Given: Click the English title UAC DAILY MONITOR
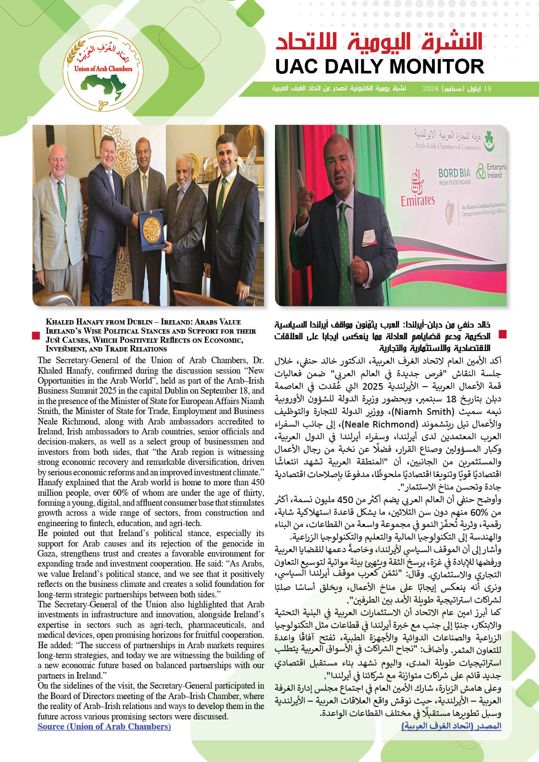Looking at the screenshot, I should [x=379, y=66].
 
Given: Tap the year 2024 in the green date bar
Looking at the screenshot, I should [x=430, y=89].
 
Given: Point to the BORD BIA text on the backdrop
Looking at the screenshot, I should [x=454, y=173].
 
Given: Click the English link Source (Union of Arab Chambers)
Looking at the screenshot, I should [x=104, y=726].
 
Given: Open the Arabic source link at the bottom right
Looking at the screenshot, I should [x=451, y=726].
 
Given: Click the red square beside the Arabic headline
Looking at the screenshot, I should [x=503, y=334].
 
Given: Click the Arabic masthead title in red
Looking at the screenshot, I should [x=379, y=42].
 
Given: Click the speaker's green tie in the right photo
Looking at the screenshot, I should [x=343, y=243].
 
